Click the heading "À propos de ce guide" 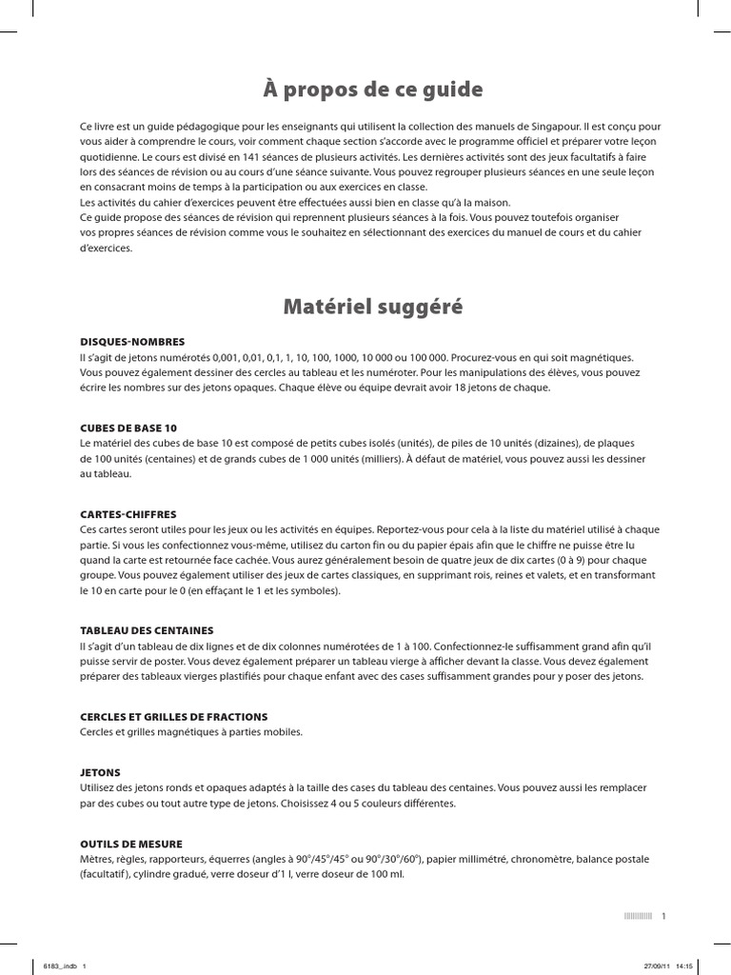(x=373, y=90)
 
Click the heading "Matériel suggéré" (x=373, y=307)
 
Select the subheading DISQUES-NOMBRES (x=132, y=341)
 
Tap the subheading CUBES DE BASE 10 (x=128, y=428)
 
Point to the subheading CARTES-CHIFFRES (x=128, y=514)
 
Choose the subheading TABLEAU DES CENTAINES (x=147, y=630)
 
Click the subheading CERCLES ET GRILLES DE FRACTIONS (x=173, y=716)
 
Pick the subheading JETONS (x=101, y=772)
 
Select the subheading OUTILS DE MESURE (x=131, y=844)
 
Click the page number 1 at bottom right (x=663, y=916)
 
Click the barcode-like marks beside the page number (x=638, y=916)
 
